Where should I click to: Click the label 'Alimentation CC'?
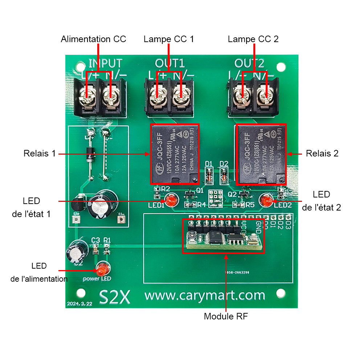(x=93, y=39)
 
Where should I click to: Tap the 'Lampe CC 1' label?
(x=169, y=39)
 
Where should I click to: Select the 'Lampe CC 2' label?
(x=253, y=39)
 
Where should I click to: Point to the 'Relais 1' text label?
(x=40, y=154)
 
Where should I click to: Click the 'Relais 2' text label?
(x=322, y=154)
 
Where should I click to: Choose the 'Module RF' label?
(x=226, y=316)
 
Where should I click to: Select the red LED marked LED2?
(x=266, y=200)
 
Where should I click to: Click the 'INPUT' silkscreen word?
(x=105, y=64)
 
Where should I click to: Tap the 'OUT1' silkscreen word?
(x=170, y=64)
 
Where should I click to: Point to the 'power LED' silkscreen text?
(x=97, y=279)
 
